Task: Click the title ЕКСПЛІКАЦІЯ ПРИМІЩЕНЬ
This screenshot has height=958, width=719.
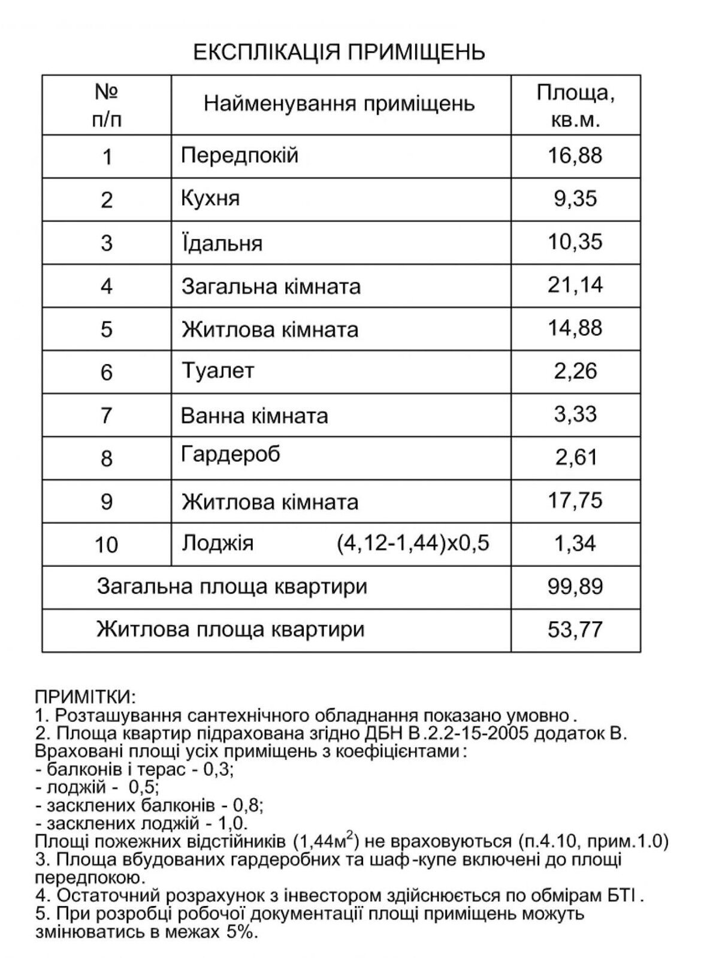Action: coord(339,52)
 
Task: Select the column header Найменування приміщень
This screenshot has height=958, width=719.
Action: coord(339,104)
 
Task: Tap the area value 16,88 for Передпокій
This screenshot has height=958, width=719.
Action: coord(575,156)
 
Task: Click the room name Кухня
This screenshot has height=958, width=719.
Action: coord(210,198)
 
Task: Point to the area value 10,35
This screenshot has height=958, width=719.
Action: coord(575,242)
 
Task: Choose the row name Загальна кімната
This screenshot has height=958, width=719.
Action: coord(271,286)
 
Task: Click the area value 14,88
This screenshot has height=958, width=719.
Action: coord(575,328)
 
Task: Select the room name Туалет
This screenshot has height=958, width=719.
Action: coord(217,371)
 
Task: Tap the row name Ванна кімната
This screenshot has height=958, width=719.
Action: coord(254,415)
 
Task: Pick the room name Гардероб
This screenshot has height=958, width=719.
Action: coord(231,455)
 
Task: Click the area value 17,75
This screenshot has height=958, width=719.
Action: coord(575,501)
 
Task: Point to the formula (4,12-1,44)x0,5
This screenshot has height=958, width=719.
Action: coord(413,543)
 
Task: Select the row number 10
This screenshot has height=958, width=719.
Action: coord(107,544)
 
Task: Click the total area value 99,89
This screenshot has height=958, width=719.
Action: coord(575,586)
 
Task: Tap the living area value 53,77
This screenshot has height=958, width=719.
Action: coord(575,630)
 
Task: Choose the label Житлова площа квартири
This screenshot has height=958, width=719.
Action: coord(231,630)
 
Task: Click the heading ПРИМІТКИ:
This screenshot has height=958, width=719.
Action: coord(86,697)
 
